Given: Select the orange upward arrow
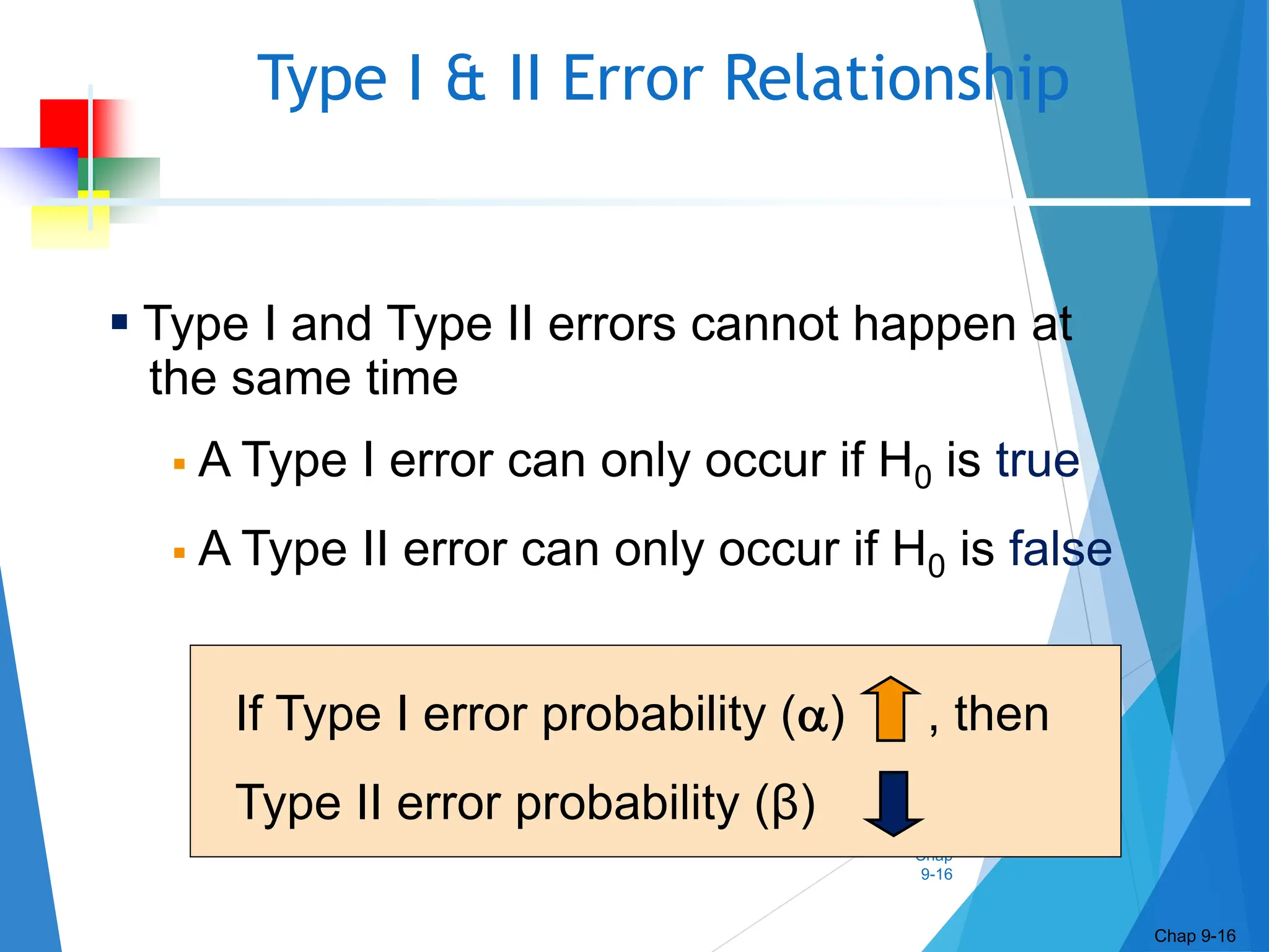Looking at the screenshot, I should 890,709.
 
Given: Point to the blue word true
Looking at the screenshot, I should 1037,461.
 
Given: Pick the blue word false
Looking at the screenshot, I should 1060,549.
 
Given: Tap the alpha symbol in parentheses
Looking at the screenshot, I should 812,716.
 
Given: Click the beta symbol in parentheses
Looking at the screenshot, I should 784,803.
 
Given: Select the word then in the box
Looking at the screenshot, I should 1001,714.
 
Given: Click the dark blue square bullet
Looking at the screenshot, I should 120,322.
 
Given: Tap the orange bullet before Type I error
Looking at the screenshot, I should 180,464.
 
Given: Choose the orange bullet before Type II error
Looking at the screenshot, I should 180,553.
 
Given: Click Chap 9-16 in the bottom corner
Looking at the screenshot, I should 1194,936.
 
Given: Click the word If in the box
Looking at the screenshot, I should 250,714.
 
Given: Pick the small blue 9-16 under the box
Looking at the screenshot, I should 936,875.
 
